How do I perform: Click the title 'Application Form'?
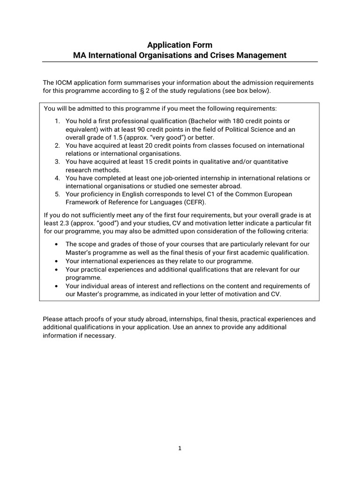pyautogui.click(x=180, y=45)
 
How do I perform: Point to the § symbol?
pyautogui.click(x=156, y=90)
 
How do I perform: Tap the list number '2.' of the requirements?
pyautogui.click(x=57, y=145)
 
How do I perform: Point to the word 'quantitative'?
pyautogui.click(x=270, y=161)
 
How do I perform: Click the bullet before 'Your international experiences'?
pyautogui.click(x=57, y=261)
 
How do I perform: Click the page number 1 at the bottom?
pyautogui.click(x=180, y=448)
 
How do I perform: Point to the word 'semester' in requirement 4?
pyautogui.click(x=204, y=186)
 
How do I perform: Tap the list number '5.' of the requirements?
pyautogui.click(x=57, y=194)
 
